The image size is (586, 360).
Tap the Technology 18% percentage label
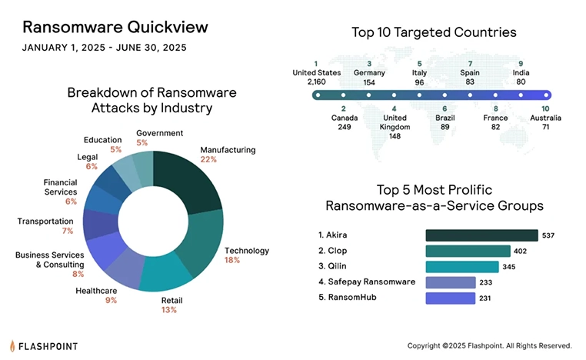[x=231, y=261]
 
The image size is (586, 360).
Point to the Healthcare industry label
[x=96, y=291]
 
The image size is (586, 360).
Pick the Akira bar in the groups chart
[x=481, y=235]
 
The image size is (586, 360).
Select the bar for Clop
[x=468, y=251]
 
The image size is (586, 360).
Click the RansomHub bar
[x=450, y=298]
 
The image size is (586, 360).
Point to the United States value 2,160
[x=316, y=82]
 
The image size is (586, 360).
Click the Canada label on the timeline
[x=343, y=118]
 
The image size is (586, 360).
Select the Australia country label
[x=545, y=118]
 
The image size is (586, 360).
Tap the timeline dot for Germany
[x=369, y=96]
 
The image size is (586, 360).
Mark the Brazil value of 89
[x=444, y=126]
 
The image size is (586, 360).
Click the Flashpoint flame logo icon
[x=13, y=345]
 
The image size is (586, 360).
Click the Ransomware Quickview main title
[x=115, y=27]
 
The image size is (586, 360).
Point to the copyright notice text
[x=489, y=345]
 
